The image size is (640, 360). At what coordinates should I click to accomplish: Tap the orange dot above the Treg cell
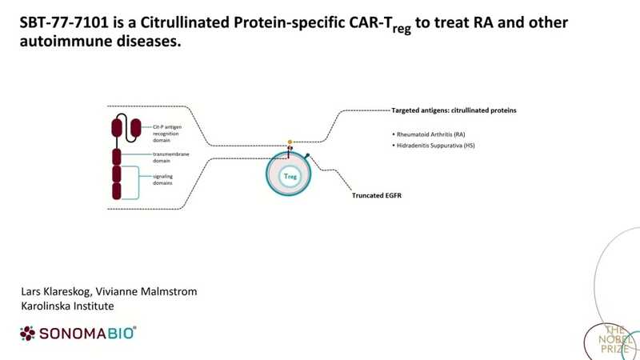pyautogui.click(x=290, y=142)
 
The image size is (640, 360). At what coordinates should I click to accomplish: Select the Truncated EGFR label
pyautogui.click(x=376, y=194)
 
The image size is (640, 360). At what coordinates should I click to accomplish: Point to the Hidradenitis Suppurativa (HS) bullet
pyautogui.click(x=434, y=146)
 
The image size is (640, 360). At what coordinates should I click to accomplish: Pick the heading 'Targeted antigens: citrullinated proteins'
pyautogui.click(x=453, y=109)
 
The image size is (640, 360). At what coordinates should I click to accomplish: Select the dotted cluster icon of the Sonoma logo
pyautogui.click(x=28, y=332)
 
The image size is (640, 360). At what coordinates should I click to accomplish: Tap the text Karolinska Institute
pyautogui.click(x=67, y=306)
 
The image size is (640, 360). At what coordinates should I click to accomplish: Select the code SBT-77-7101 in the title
pyautogui.click(x=62, y=23)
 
